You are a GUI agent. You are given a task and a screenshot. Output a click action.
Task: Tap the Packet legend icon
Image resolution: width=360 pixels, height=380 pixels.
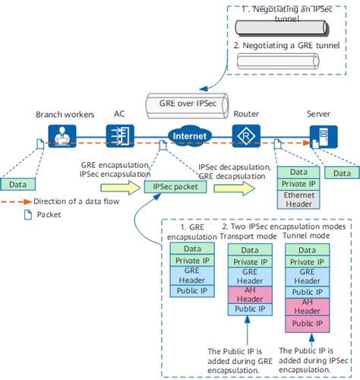click(x=19, y=216)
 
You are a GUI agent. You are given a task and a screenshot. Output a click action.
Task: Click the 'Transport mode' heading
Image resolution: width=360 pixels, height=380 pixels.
click(x=243, y=236)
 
